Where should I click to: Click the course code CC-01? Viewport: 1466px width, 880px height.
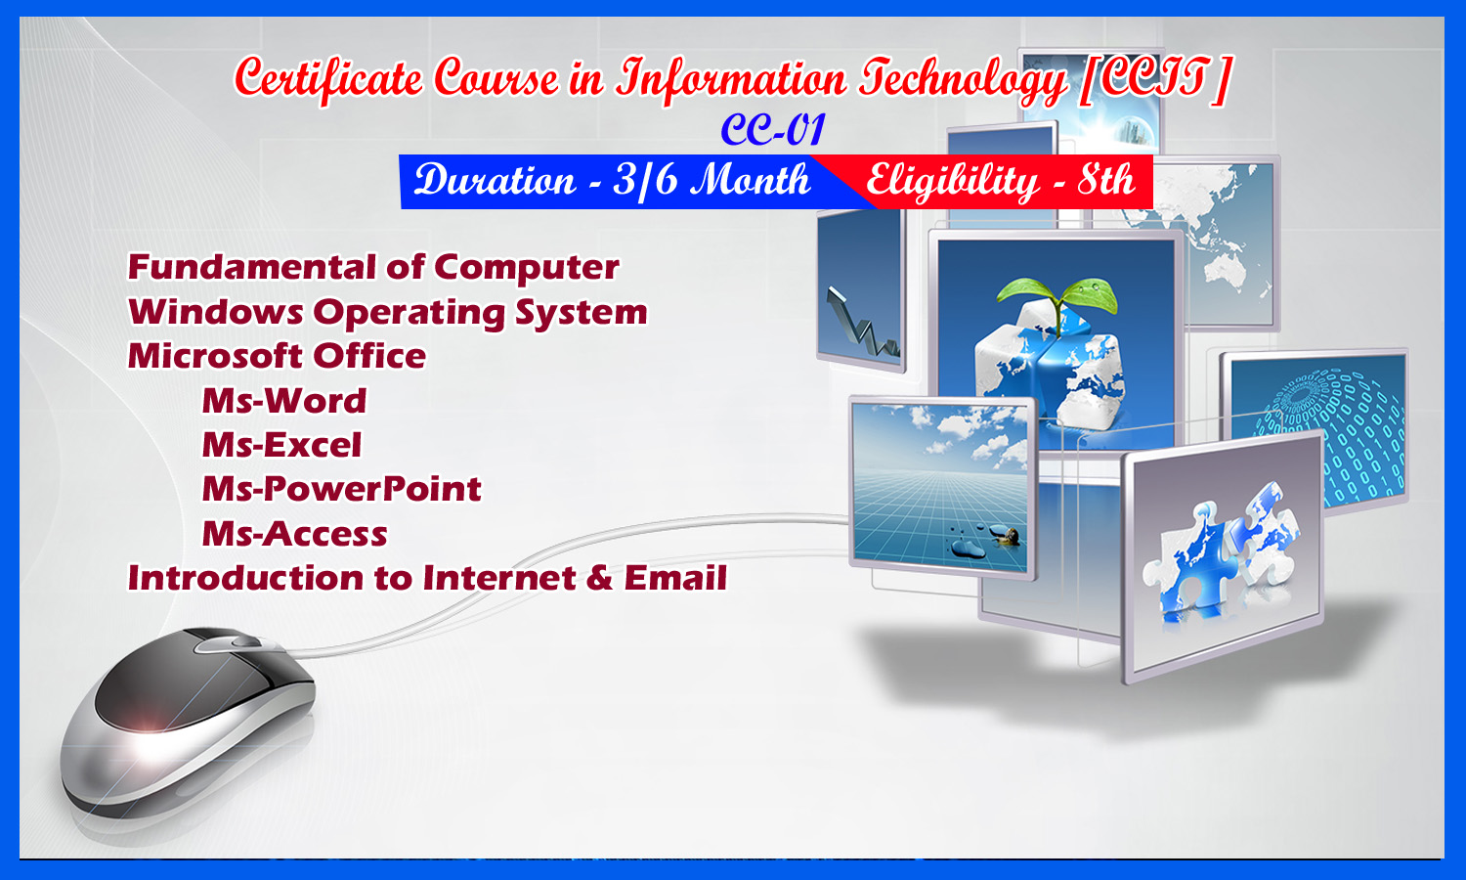coord(773,130)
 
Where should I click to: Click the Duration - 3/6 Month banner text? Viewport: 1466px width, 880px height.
coord(613,180)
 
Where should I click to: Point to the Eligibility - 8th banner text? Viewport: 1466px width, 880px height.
coord(1001,181)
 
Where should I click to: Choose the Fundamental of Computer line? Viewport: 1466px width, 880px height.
coord(373,267)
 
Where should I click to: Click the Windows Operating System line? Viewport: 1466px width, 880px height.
coord(387,312)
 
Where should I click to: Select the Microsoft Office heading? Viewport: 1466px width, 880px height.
coord(277,356)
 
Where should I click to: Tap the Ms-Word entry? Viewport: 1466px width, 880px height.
coord(284,401)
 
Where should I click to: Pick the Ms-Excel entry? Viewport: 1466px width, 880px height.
coord(281,445)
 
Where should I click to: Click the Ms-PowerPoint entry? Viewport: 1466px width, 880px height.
coord(342,489)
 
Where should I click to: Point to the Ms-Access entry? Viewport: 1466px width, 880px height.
coord(294,534)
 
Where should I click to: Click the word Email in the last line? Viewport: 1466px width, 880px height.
coord(675,578)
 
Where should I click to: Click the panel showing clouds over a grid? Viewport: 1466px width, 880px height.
coord(942,487)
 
